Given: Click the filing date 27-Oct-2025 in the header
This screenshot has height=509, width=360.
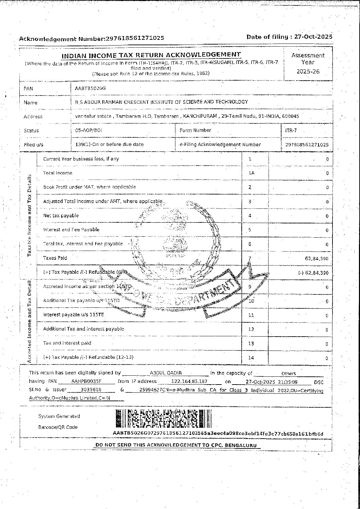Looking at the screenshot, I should point(313,37).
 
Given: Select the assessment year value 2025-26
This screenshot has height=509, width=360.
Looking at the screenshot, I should point(308,71).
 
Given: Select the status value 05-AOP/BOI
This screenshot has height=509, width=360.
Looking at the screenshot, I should point(88,130).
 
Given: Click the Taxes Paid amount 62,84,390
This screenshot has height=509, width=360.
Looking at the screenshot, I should point(316,258).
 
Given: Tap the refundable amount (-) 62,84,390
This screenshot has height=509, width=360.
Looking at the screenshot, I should point(313,273).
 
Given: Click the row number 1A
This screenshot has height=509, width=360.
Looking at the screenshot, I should point(251,173).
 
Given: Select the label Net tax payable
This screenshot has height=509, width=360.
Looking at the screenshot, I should point(61,216).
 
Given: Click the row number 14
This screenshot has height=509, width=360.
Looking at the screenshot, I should point(251,358).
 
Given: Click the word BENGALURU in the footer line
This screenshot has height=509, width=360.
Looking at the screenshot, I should point(242,445).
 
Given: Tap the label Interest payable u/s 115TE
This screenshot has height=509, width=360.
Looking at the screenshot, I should point(73,315).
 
